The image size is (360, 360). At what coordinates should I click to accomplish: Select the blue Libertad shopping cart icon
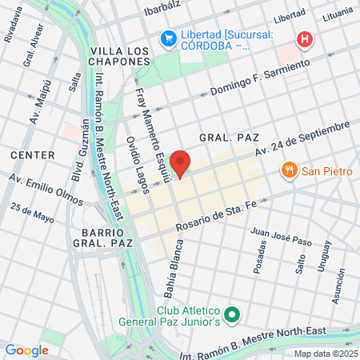[x=167, y=38]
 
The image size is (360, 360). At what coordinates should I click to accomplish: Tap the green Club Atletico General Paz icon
[x=232, y=315]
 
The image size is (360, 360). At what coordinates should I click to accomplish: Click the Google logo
[x=26, y=350]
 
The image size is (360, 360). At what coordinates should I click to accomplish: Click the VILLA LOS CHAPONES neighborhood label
[x=119, y=56]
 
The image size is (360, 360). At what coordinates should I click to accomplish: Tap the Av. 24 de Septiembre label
[x=303, y=139]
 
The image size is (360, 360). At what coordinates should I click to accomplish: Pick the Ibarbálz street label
[x=165, y=11]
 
